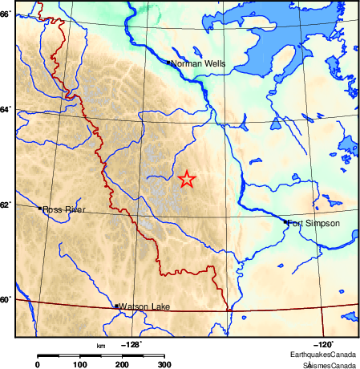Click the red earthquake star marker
[187, 179]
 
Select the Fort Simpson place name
[313, 223]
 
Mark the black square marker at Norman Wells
[168, 62]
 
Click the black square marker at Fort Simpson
[286, 222]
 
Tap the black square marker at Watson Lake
[117, 306]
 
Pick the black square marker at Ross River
[40, 209]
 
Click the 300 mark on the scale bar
[164, 365]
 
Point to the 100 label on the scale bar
[79, 365]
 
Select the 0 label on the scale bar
[38, 365]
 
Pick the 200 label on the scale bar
[122, 365]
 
